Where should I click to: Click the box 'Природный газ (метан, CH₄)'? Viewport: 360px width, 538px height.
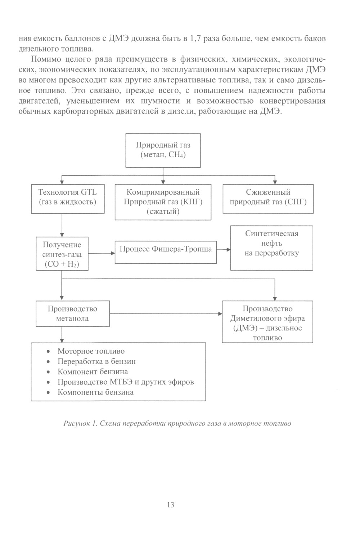pos(163,150)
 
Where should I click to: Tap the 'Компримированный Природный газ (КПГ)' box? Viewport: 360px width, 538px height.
pos(163,202)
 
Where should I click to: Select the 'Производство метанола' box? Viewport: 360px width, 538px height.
pos(73,313)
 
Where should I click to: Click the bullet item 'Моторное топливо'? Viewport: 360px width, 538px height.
pos(91,351)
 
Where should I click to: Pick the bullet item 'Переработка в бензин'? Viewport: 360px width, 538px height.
pos(96,361)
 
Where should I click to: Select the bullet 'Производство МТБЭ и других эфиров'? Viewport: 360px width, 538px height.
pos(126,382)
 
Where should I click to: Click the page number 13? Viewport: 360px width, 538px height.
pos(171,505)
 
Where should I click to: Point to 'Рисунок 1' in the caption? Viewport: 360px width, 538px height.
pos(80,424)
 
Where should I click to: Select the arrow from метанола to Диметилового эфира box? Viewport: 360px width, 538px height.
pos(166,314)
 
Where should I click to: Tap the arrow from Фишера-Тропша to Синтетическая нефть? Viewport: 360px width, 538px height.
pos(224,249)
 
